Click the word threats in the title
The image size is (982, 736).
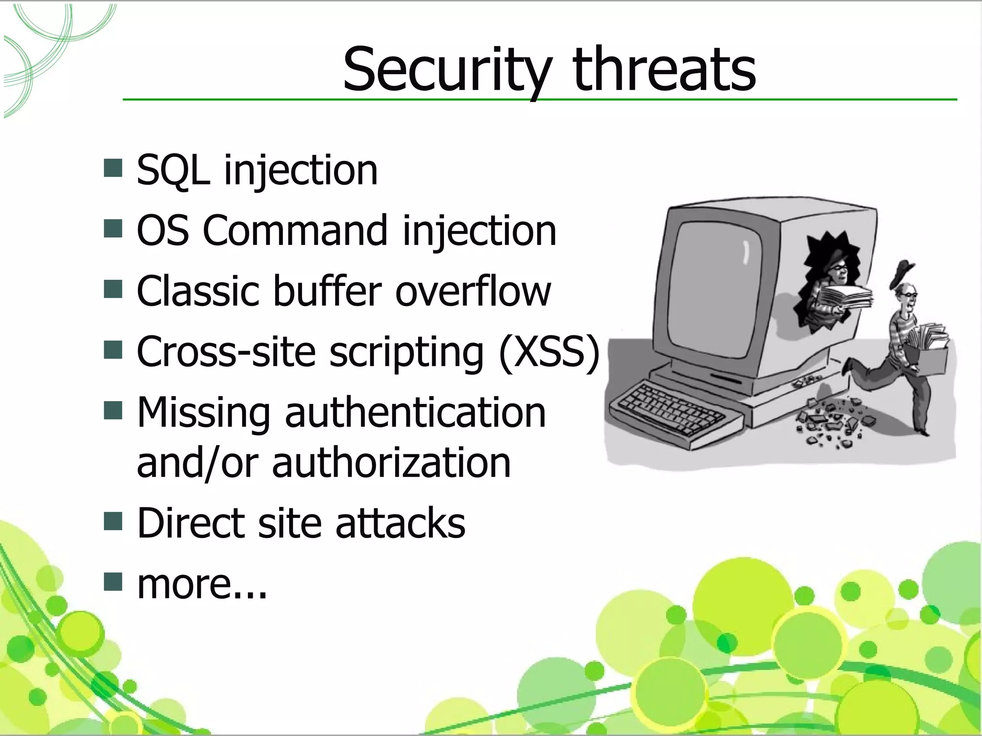click(664, 69)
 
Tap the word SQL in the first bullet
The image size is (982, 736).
click(173, 170)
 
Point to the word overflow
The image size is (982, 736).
click(473, 291)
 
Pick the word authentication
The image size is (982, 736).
click(415, 413)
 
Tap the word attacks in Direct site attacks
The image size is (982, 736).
click(400, 523)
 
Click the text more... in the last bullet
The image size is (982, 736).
click(202, 584)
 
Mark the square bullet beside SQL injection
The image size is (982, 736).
click(113, 168)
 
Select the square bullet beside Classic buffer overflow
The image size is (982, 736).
click(113, 289)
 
